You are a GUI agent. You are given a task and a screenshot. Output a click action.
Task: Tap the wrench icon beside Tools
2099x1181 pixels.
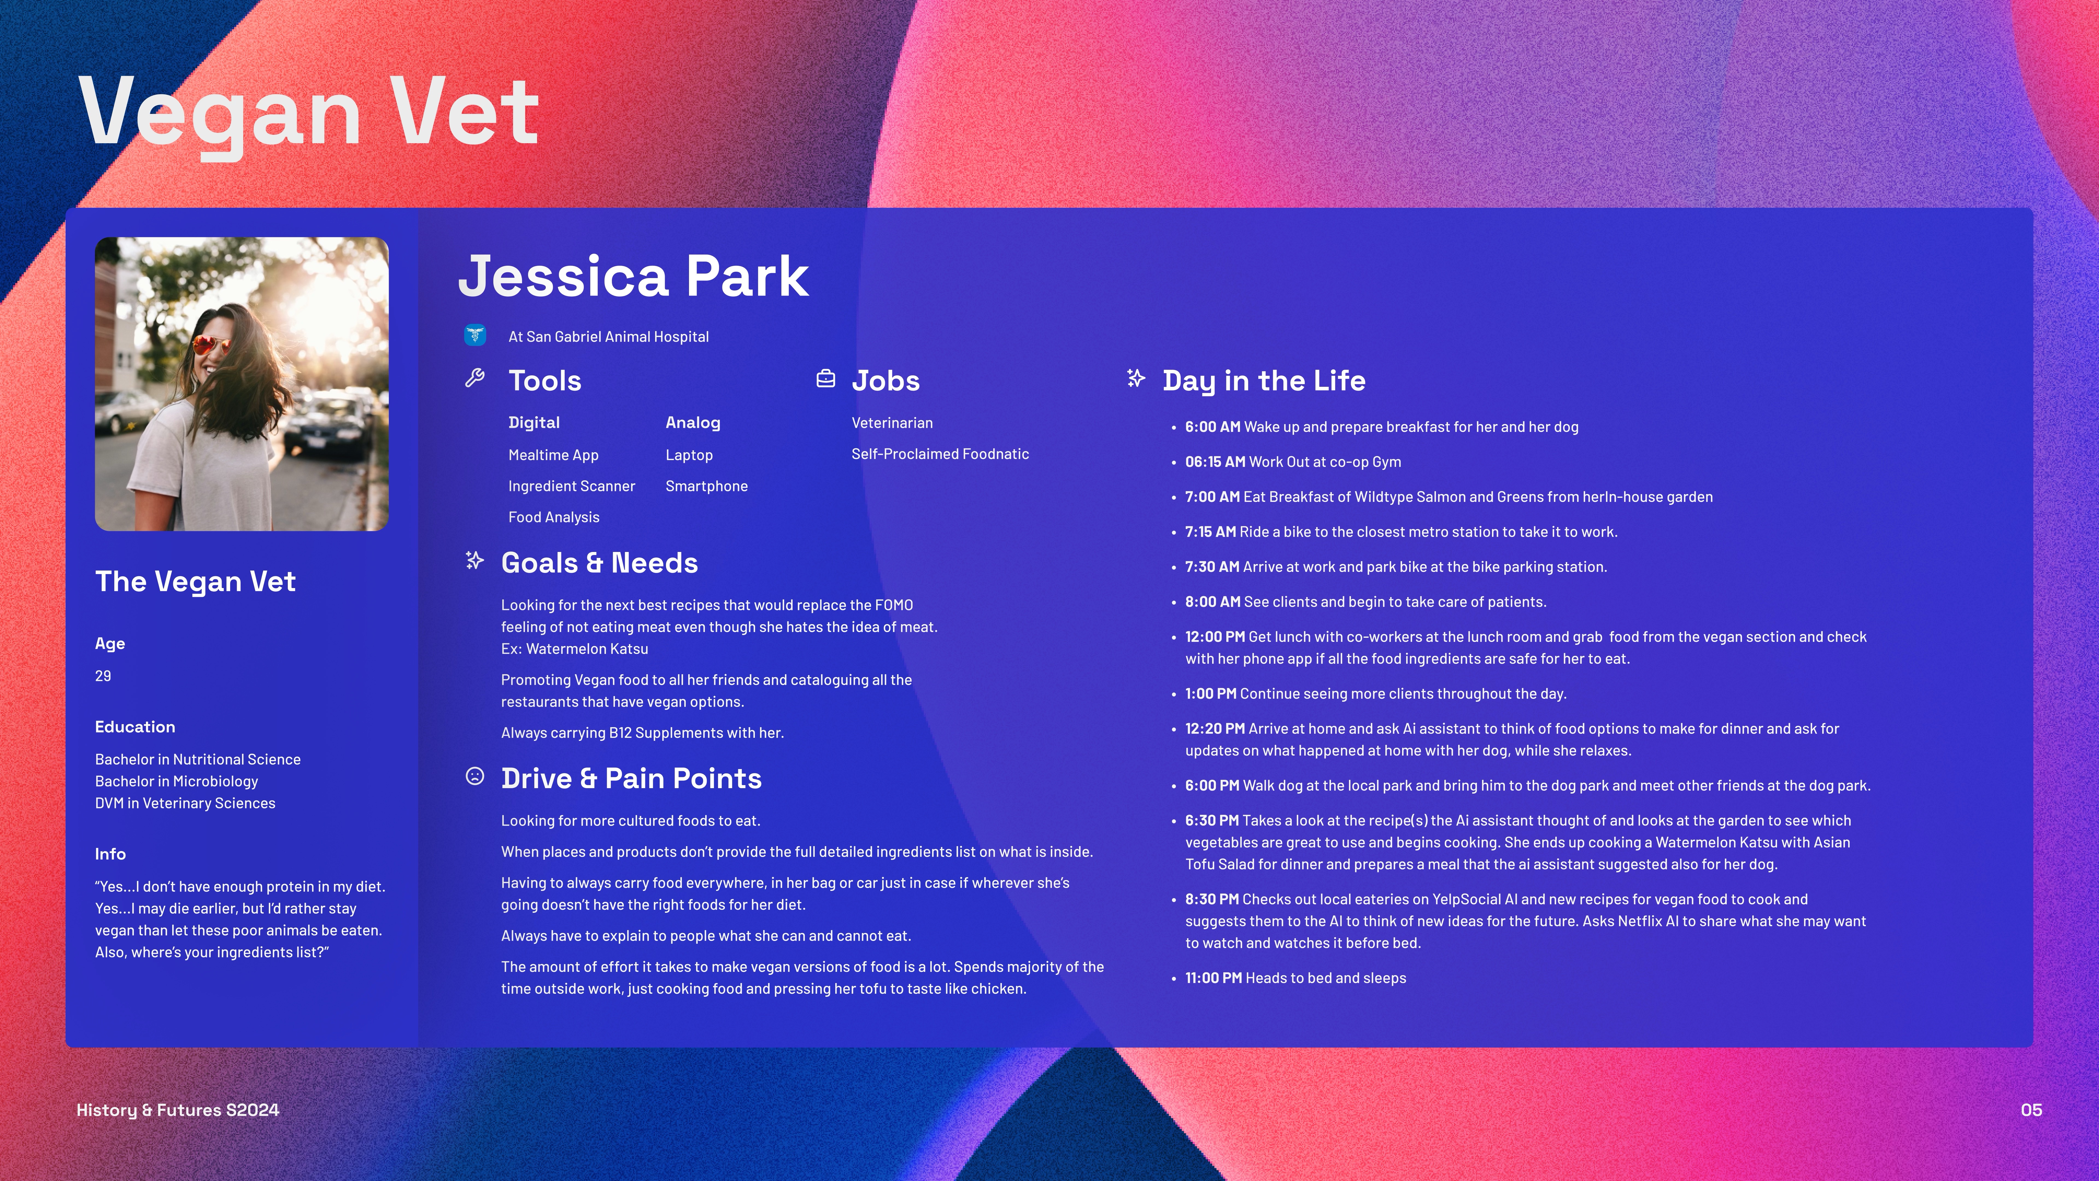[x=475, y=378]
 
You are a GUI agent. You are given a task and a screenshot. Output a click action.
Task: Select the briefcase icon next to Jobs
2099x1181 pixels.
[x=825, y=379]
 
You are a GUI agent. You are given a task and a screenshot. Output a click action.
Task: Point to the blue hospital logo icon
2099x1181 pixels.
[x=475, y=335]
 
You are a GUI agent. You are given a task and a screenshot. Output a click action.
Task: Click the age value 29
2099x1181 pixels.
[x=103, y=676]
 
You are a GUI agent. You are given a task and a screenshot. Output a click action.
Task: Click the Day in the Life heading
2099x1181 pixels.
[x=1264, y=381]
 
